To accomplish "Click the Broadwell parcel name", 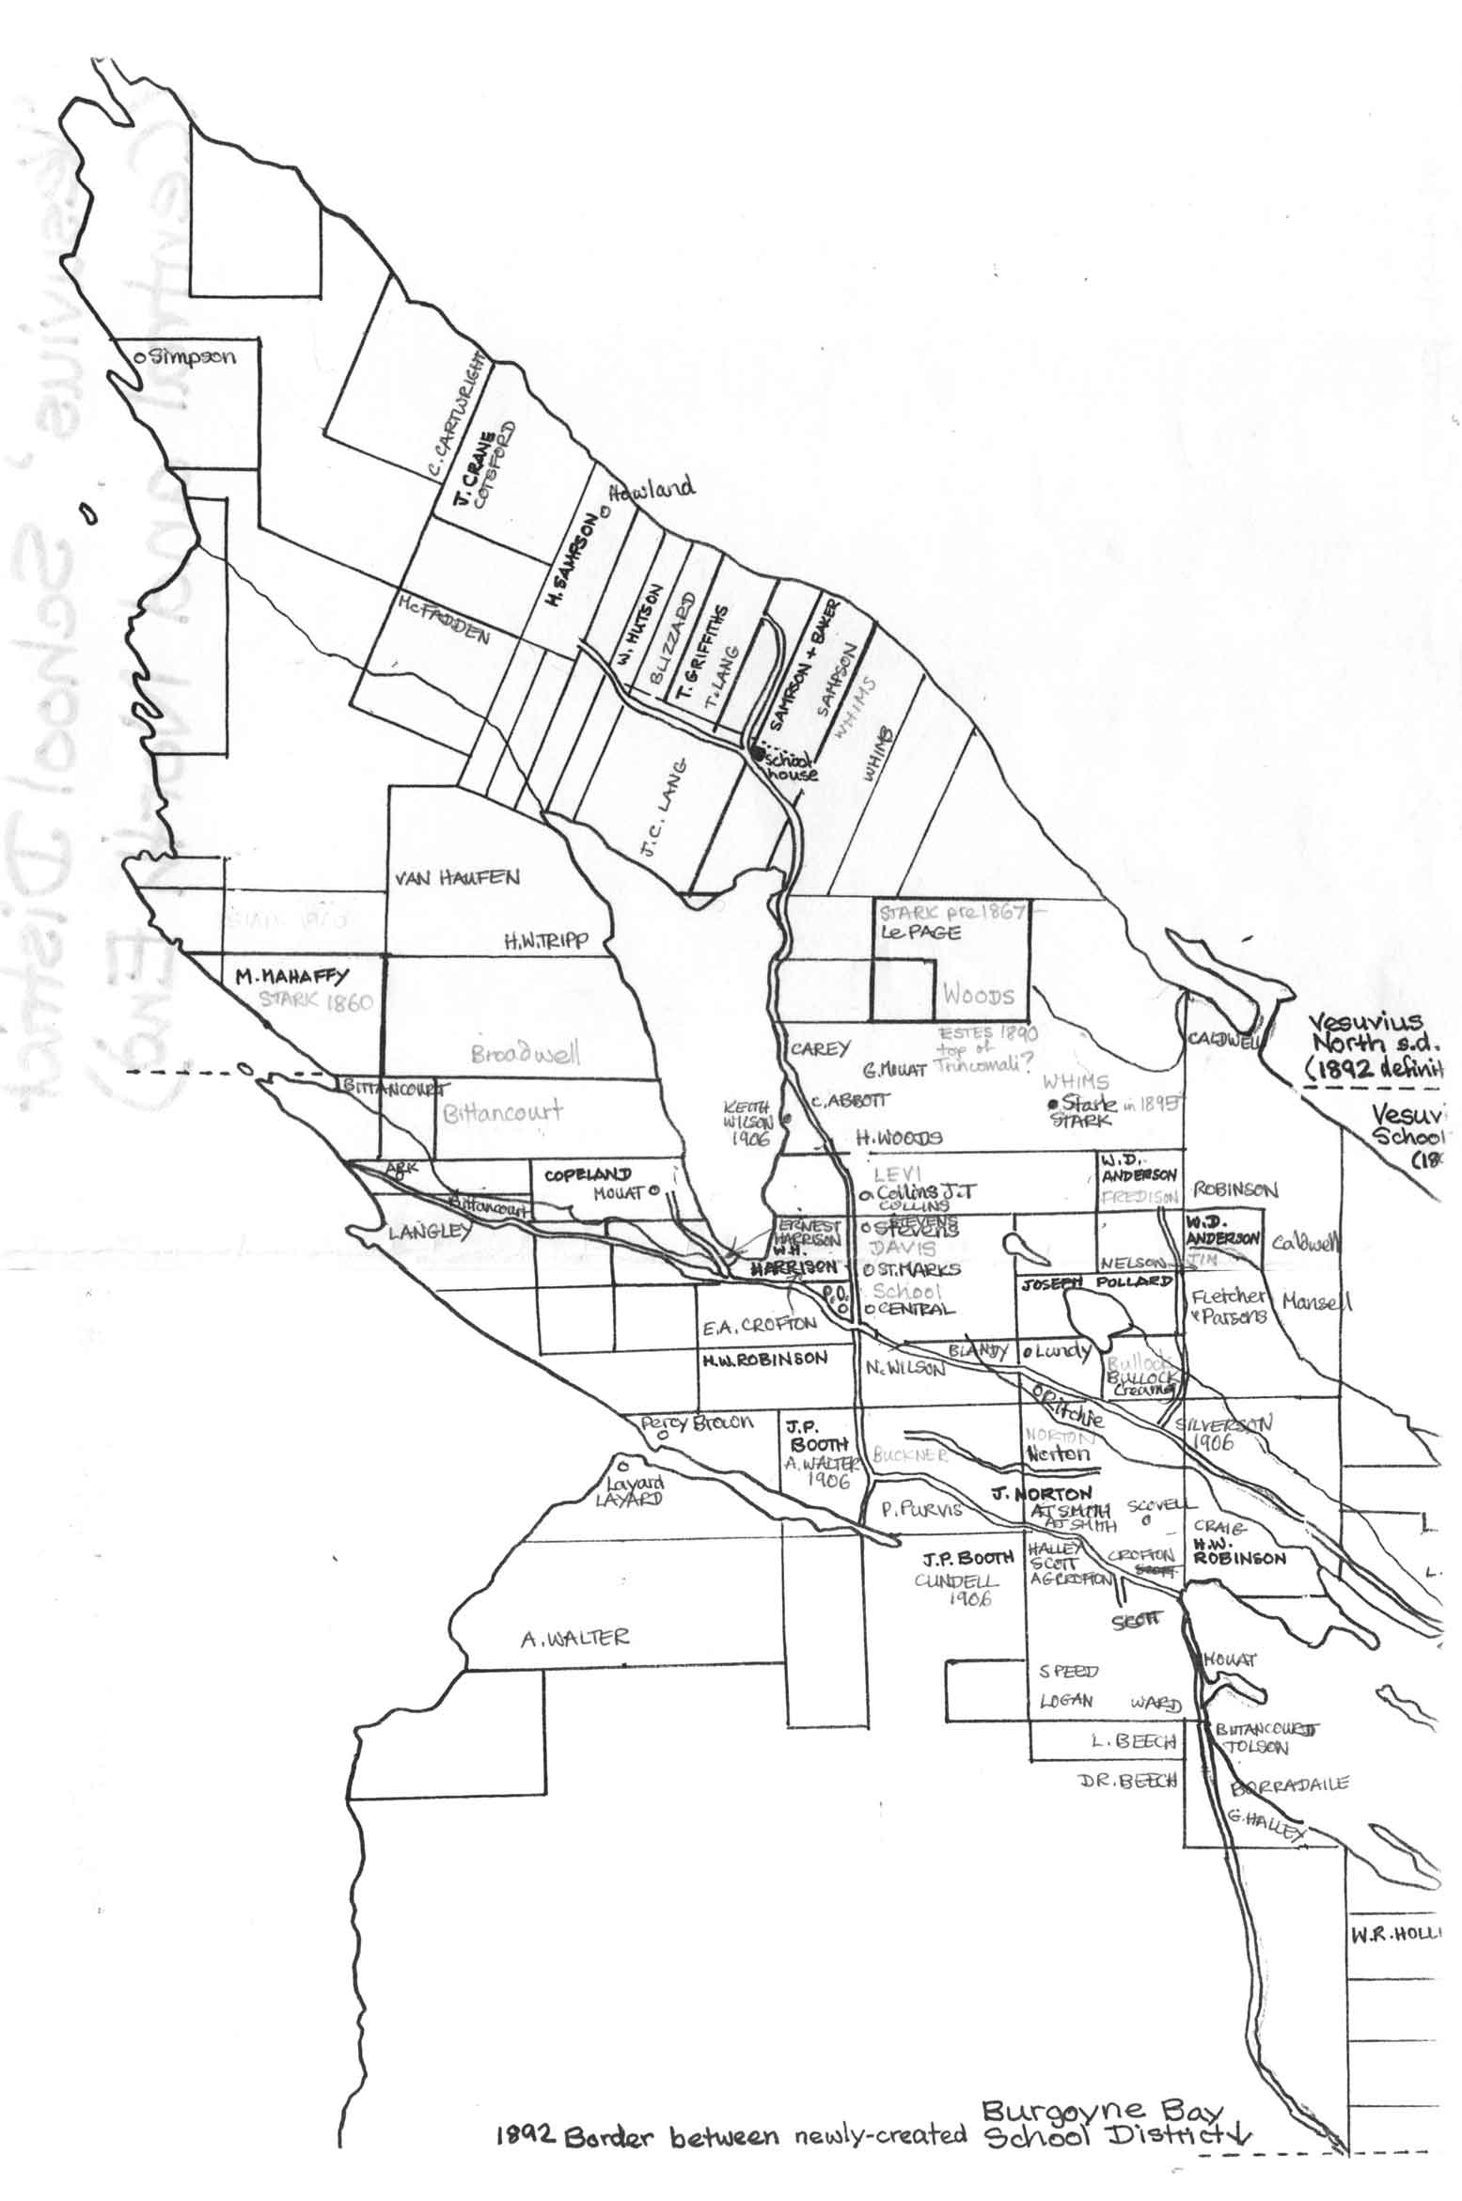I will click(527, 1054).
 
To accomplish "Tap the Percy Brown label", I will click(697, 1423).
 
